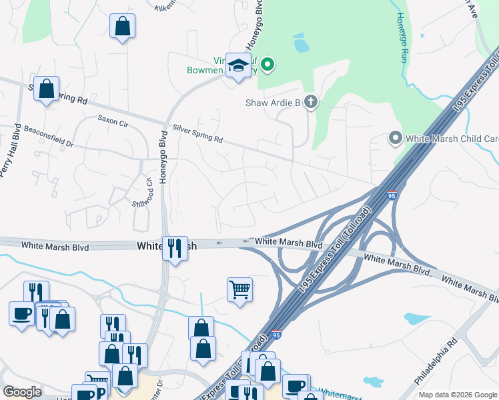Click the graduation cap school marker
point(238,65)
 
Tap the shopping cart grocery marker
point(239,289)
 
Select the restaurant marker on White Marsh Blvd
point(175,248)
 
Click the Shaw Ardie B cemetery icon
point(310,102)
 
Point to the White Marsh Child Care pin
point(395,139)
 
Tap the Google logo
point(22,392)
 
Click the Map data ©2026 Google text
point(458,395)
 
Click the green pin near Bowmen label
point(268,65)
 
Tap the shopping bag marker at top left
point(123,27)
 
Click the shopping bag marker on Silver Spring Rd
point(47,89)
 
